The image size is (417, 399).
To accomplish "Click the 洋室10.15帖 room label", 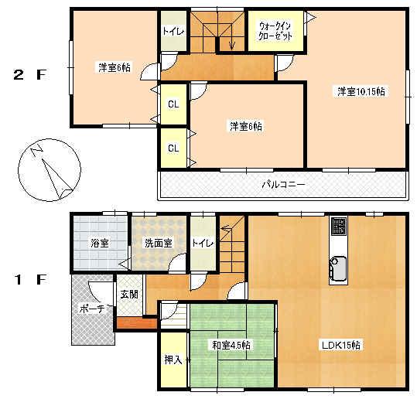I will [361, 92].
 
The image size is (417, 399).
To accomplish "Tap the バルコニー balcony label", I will [282, 185].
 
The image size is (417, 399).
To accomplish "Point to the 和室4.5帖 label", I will [230, 345].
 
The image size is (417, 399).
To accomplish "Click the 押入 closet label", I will [173, 359].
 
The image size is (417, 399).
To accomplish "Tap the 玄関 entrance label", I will [128, 295].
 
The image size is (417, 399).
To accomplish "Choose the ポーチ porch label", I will [91, 309].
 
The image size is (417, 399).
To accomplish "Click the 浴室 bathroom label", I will [99, 243].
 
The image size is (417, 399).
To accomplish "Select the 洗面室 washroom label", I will [157, 243].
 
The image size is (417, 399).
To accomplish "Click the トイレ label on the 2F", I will [172, 32].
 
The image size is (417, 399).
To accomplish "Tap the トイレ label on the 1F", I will [202, 243].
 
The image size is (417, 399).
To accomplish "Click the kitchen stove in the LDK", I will [339, 227].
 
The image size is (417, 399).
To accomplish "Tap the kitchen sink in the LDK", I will [339, 268].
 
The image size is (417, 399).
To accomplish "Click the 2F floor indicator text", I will [30, 75].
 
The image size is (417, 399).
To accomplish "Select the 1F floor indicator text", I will [30, 280].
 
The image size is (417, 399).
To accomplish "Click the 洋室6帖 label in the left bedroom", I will [114, 67].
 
